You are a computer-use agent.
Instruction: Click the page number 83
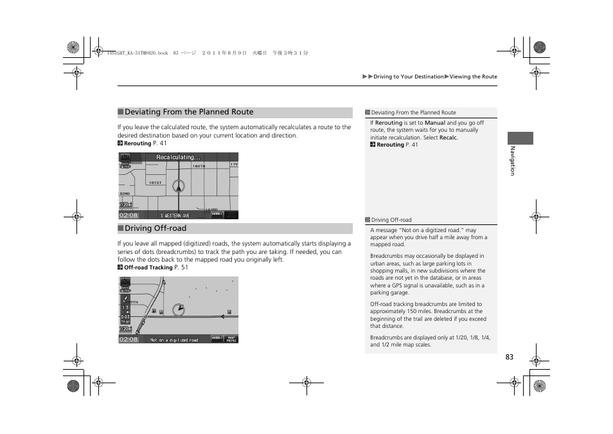click(509, 357)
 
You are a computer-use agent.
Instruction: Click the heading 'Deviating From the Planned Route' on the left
click(189, 113)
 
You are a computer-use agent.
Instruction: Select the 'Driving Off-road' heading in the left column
click(155, 228)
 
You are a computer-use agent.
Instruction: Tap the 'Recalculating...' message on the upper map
click(178, 158)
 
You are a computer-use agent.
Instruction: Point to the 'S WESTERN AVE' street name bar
click(175, 215)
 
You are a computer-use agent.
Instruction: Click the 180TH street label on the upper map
click(199, 166)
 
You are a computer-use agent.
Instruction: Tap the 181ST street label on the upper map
click(155, 183)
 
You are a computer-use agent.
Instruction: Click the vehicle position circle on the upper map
click(179, 186)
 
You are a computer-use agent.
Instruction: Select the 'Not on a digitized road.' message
click(174, 339)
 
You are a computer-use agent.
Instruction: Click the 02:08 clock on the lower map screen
click(129, 339)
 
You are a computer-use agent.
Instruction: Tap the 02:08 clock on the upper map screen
click(129, 215)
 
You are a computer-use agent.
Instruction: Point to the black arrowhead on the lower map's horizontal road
click(222, 316)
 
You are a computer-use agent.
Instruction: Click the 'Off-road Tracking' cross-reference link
click(148, 267)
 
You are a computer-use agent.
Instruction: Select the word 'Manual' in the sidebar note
click(434, 123)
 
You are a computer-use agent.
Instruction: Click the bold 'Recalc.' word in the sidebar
click(449, 138)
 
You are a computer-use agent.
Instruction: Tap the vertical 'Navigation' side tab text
click(513, 161)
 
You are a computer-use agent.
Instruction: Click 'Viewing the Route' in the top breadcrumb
click(473, 77)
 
